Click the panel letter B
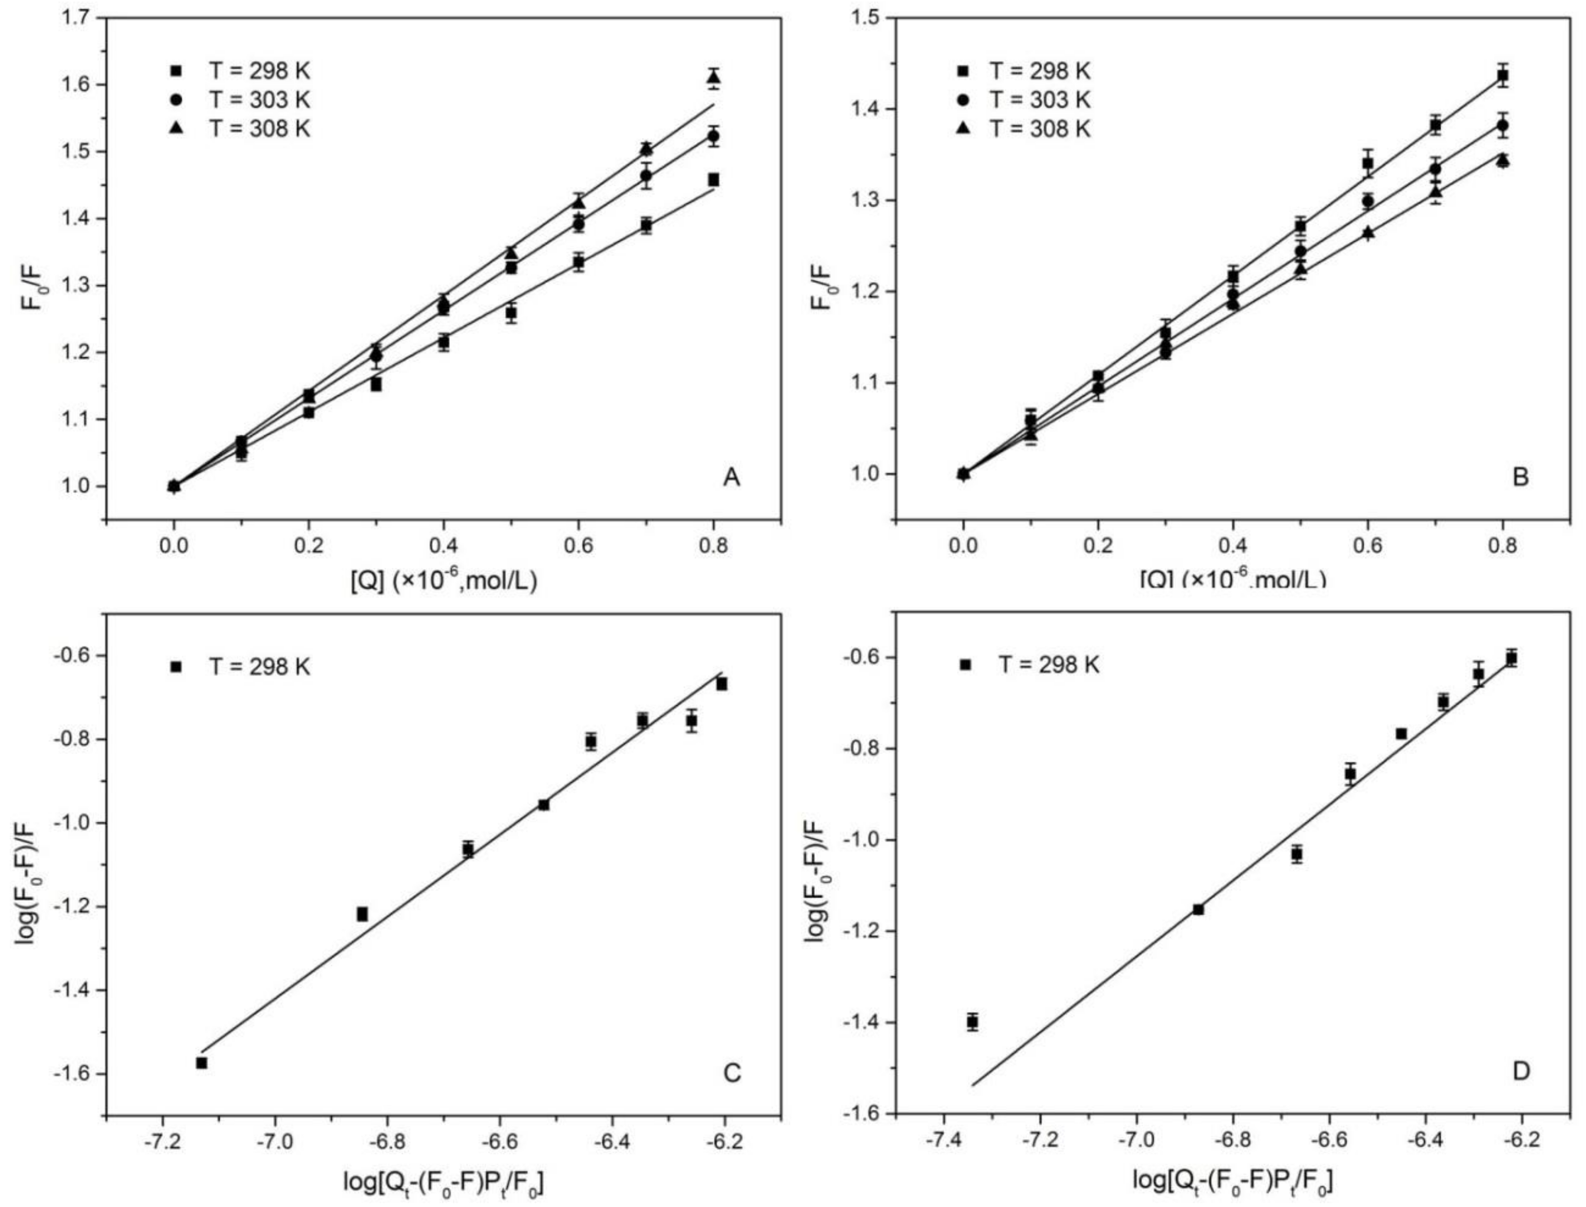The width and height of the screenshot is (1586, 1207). pos(1520,477)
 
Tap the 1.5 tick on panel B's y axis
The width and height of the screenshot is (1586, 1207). pos(867,18)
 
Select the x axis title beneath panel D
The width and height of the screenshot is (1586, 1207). pos(1232,1180)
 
